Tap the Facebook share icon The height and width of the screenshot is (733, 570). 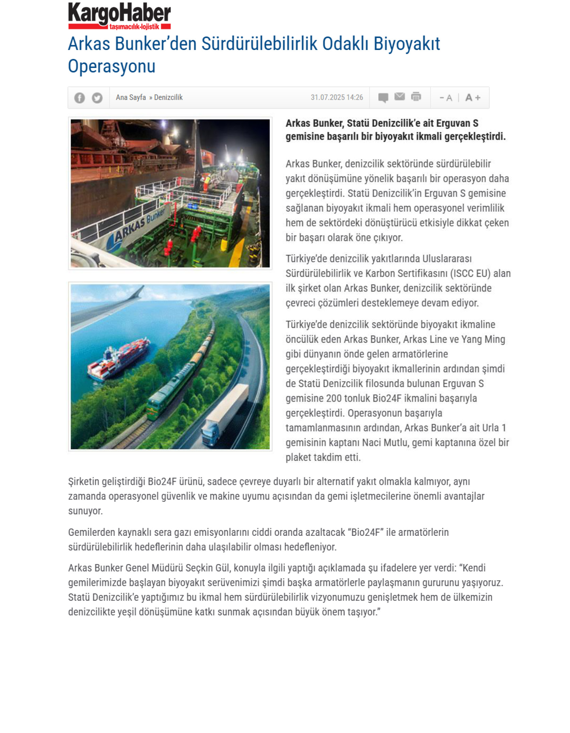(80, 98)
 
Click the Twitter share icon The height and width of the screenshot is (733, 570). (97, 98)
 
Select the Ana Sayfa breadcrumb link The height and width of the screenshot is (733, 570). (131, 98)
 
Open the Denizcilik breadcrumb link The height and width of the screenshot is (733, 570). (168, 98)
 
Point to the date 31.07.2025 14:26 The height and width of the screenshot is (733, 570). (337, 98)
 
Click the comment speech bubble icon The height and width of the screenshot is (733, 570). (383, 98)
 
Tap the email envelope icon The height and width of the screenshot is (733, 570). (400, 97)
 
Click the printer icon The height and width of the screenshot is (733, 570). (416, 97)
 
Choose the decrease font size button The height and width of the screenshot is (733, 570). (446, 98)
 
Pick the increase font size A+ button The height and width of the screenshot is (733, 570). (473, 98)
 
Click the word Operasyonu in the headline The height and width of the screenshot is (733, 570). (112, 66)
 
